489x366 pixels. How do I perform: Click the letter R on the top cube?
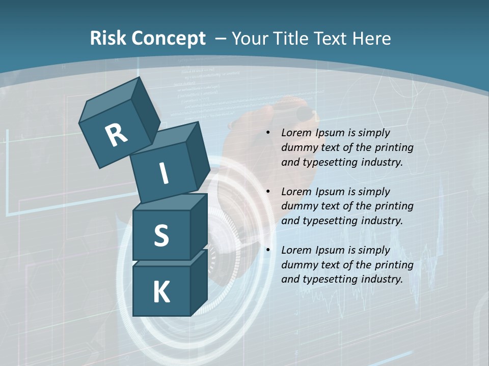click(116, 135)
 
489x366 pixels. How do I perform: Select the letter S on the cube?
click(161, 235)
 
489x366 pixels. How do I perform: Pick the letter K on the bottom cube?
click(161, 292)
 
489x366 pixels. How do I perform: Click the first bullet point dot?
click(268, 133)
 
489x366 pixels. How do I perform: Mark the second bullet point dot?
click(268, 192)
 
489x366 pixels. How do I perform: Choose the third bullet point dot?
click(268, 251)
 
